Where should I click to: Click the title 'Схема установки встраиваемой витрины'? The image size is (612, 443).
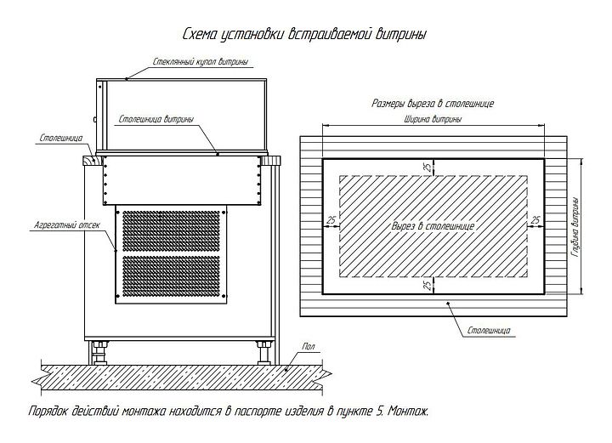point(304,34)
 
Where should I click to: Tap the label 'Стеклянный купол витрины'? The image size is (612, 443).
point(201,62)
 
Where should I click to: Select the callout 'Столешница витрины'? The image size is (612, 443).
point(156,119)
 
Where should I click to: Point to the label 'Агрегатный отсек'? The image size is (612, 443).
point(67,225)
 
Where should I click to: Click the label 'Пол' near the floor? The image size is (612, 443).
point(309,346)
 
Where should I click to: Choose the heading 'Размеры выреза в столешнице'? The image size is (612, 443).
point(433,104)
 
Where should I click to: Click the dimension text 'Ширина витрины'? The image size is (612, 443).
point(433,119)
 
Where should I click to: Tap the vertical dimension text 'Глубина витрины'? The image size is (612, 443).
point(575,227)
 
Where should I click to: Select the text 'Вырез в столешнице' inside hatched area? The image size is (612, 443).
point(433,226)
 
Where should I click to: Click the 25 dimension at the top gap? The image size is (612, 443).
point(428,168)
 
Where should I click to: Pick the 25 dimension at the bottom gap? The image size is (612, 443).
point(428,285)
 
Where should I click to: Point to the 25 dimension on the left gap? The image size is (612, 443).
point(331,220)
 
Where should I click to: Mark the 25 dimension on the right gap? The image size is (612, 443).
point(535,220)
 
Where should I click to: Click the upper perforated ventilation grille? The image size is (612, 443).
point(172,231)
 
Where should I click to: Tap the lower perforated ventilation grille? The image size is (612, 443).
point(172,276)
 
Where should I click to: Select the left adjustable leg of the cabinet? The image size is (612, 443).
point(100,353)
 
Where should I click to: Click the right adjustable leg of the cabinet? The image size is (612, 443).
point(264,353)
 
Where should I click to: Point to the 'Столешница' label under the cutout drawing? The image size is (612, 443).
point(489,331)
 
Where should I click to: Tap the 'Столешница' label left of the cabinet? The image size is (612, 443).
point(61,138)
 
